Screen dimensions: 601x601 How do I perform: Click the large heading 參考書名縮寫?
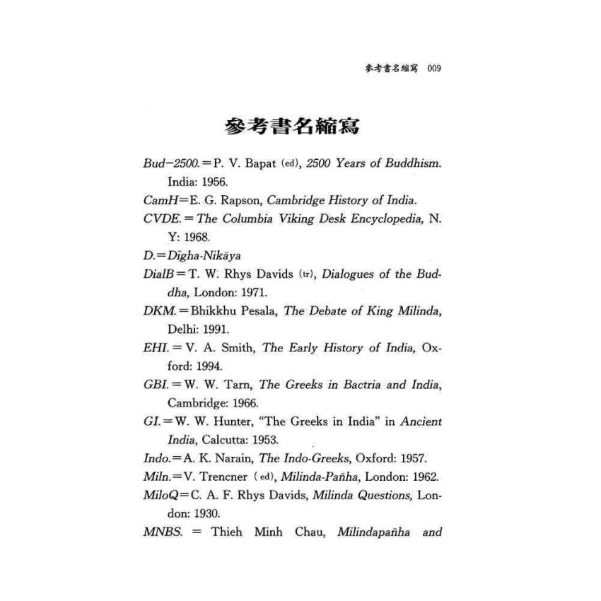coord(291,127)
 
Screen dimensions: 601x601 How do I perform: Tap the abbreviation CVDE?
coord(158,219)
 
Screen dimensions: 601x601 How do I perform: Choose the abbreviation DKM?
coord(157,311)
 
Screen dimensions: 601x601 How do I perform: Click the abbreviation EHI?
coord(154,348)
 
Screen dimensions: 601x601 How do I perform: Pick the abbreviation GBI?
coord(154,385)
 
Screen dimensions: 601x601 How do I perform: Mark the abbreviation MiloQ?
coord(159,495)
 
